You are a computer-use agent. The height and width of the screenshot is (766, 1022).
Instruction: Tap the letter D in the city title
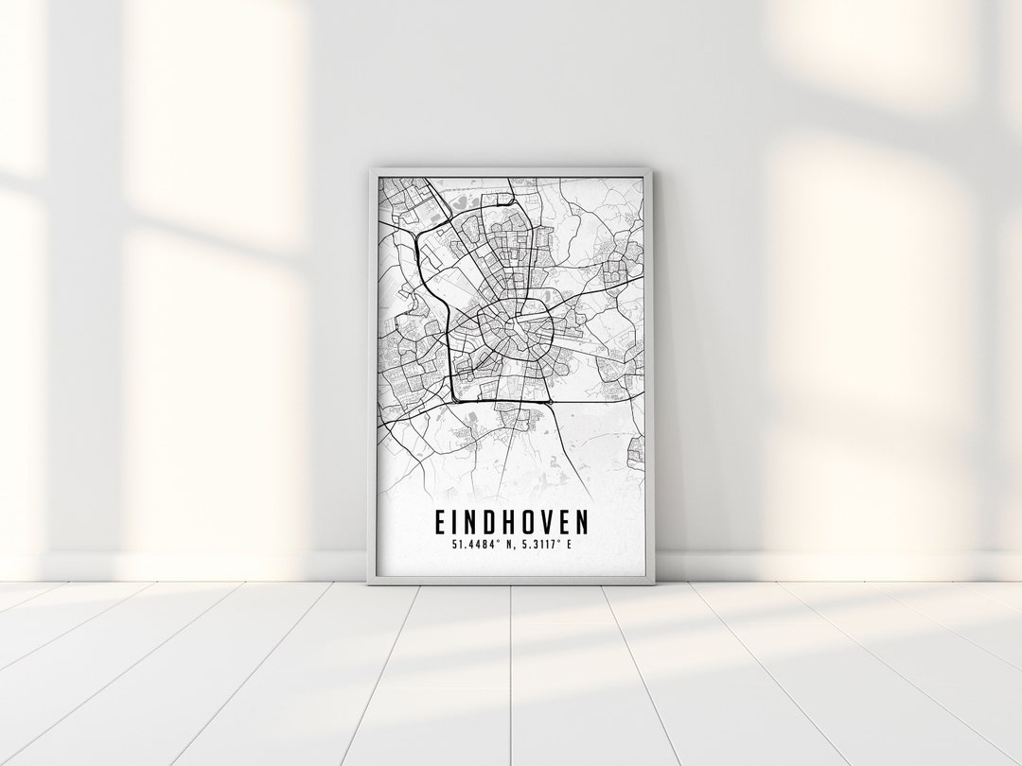(494, 523)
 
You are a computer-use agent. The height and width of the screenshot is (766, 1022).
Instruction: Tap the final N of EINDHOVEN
(581, 523)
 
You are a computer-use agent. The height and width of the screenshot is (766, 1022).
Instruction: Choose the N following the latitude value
(506, 545)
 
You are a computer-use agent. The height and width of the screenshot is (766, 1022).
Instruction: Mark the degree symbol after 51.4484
(494, 542)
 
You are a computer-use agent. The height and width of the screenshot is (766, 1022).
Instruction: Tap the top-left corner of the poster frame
(371, 170)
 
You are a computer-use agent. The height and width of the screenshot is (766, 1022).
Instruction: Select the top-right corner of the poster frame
(651, 170)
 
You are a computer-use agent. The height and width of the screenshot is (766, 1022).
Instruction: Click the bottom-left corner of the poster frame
(370, 583)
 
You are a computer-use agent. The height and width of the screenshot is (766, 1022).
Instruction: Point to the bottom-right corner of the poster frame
(652, 583)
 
